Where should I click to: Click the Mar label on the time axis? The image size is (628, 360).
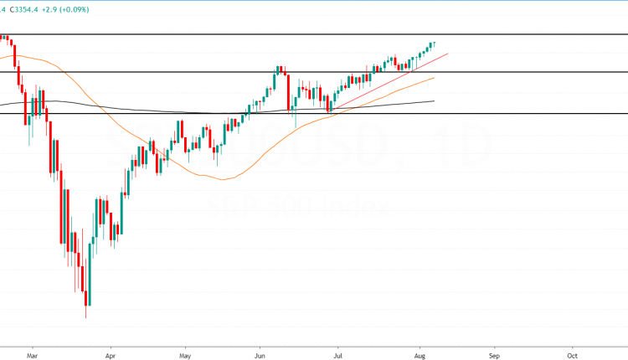tap(32, 353)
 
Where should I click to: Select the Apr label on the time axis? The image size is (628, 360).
tap(110, 353)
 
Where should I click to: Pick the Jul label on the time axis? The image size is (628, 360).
tap(339, 353)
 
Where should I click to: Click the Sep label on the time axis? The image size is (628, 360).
tap(494, 353)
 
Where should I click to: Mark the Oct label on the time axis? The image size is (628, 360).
tap(572, 353)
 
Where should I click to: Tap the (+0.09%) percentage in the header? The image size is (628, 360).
tap(94, 9)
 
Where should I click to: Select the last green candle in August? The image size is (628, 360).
tap(434, 44)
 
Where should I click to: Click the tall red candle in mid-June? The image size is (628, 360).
tap(288, 92)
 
